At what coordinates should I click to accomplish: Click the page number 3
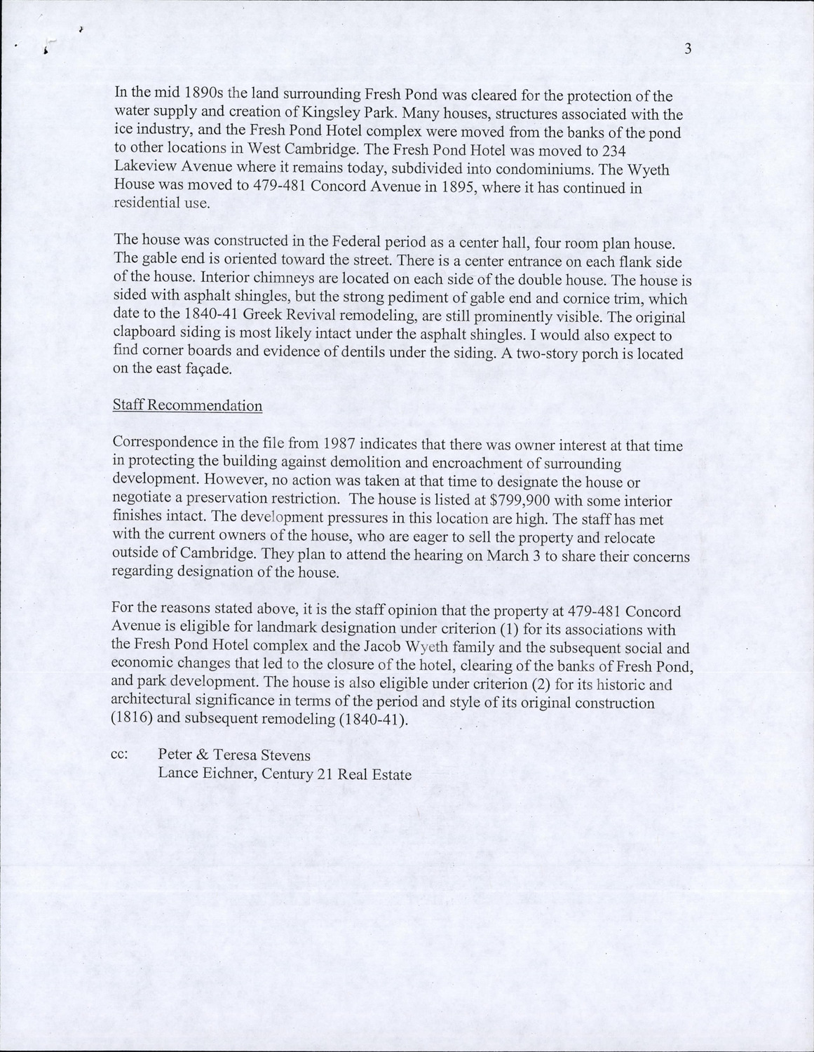688,48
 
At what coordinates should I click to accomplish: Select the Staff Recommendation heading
187,406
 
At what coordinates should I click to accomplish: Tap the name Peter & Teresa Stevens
234,755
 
